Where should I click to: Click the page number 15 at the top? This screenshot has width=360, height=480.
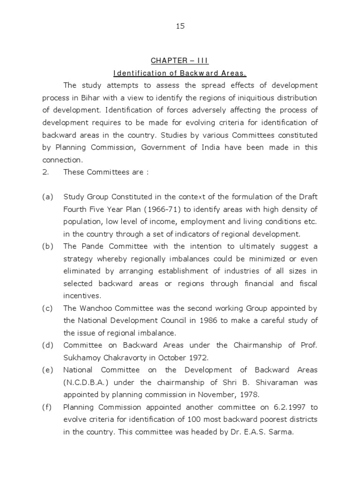pyautogui.click(x=180, y=26)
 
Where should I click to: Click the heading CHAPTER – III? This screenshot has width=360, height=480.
pyautogui.click(x=180, y=61)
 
